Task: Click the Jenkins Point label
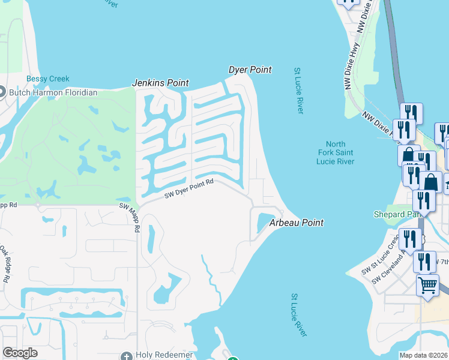coord(160,83)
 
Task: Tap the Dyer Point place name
coord(250,70)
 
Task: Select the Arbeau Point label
coord(296,223)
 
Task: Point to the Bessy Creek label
coord(48,79)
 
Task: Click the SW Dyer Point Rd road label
coord(189,190)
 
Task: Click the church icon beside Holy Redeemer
coord(126,356)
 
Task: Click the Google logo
coord(20,353)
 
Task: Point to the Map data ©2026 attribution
coord(423,355)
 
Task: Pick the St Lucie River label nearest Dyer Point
coord(299,91)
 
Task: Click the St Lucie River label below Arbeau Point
coord(298,315)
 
